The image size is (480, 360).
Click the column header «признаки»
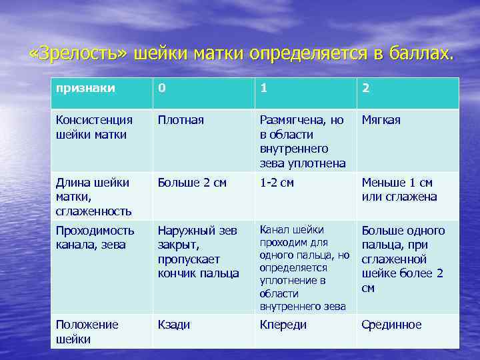pyautogui.click(x=85, y=88)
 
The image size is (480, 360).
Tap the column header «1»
pyautogui.click(x=264, y=88)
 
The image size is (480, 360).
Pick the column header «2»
pyautogui.click(x=365, y=88)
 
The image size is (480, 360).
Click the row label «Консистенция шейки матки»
pyautogui.click(x=95, y=127)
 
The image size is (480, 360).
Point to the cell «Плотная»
pyautogui.click(x=181, y=121)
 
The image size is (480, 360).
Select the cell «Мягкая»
pyautogui.click(x=381, y=121)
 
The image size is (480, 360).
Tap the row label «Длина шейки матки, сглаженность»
pyautogui.click(x=93, y=197)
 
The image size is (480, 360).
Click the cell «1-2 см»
pyautogui.click(x=277, y=183)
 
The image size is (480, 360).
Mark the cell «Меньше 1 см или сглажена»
pyautogui.click(x=399, y=190)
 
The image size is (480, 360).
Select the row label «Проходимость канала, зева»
pyautogui.click(x=95, y=237)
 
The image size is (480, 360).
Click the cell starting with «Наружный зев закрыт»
pyautogui.click(x=198, y=252)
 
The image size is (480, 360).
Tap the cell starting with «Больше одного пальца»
pyautogui.click(x=403, y=259)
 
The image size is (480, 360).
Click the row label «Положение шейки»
pyautogui.click(x=87, y=331)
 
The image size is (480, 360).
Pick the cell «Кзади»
pyautogui.click(x=174, y=325)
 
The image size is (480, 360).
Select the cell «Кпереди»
pyautogui.click(x=283, y=325)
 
